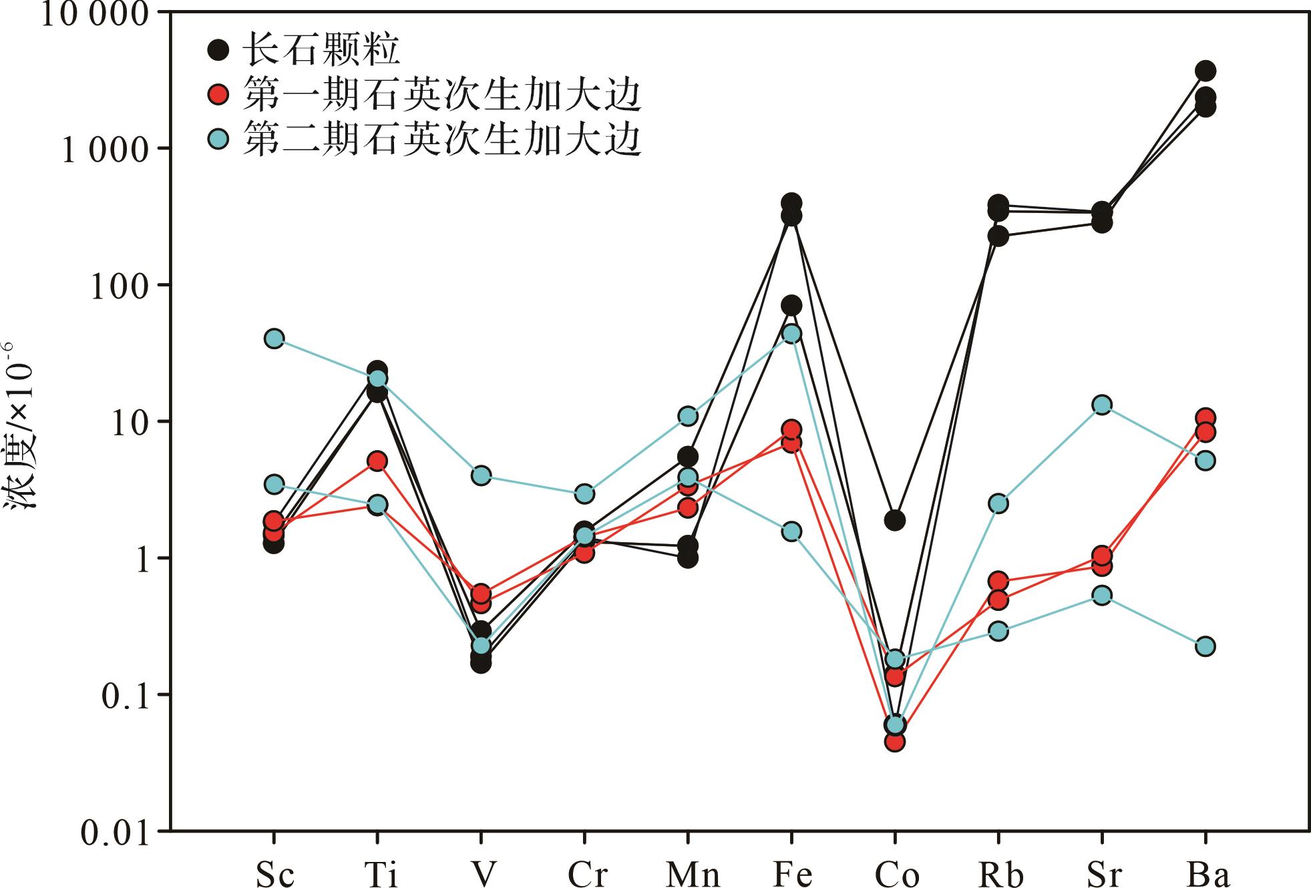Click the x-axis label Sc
(x=274, y=874)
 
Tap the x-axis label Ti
(x=379, y=874)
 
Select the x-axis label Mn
(x=693, y=874)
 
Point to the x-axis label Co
(x=897, y=874)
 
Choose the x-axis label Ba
(x=1208, y=874)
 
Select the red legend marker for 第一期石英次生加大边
(x=218, y=95)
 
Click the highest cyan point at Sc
(x=273, y=339)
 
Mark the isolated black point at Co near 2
(x=895, y=520)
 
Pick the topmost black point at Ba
(x=1205, y=71)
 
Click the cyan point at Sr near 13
(x=1102, y=405)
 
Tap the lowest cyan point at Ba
(x=1205, y=646)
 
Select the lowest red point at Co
(x=895, y=741)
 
